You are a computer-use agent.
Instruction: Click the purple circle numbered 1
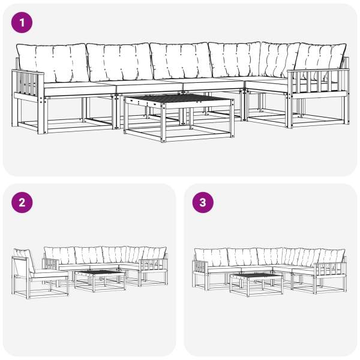tap(22, 23)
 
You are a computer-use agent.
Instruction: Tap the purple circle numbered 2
tap(22, 203)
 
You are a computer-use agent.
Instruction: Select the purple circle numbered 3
tap(203, 203)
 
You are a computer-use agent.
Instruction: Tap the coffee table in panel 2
tap(100, 281)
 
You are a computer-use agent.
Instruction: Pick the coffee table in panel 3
tap(256, 284)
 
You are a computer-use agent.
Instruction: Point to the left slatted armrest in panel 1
tap(28, 85)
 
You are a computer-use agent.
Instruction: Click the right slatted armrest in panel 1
tap(319, 83)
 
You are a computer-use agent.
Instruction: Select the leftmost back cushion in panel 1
tap(52, 63)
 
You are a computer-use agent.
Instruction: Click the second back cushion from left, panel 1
tap(120, 62)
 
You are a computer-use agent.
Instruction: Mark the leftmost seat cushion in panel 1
tap(79, 88)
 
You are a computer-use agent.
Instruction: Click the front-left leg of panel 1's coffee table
tap(163, 123)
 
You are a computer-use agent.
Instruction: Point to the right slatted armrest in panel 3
tap(330, 269)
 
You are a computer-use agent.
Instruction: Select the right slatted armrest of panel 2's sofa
tap(153, 265)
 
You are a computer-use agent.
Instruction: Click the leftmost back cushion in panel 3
tap(211, 257)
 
